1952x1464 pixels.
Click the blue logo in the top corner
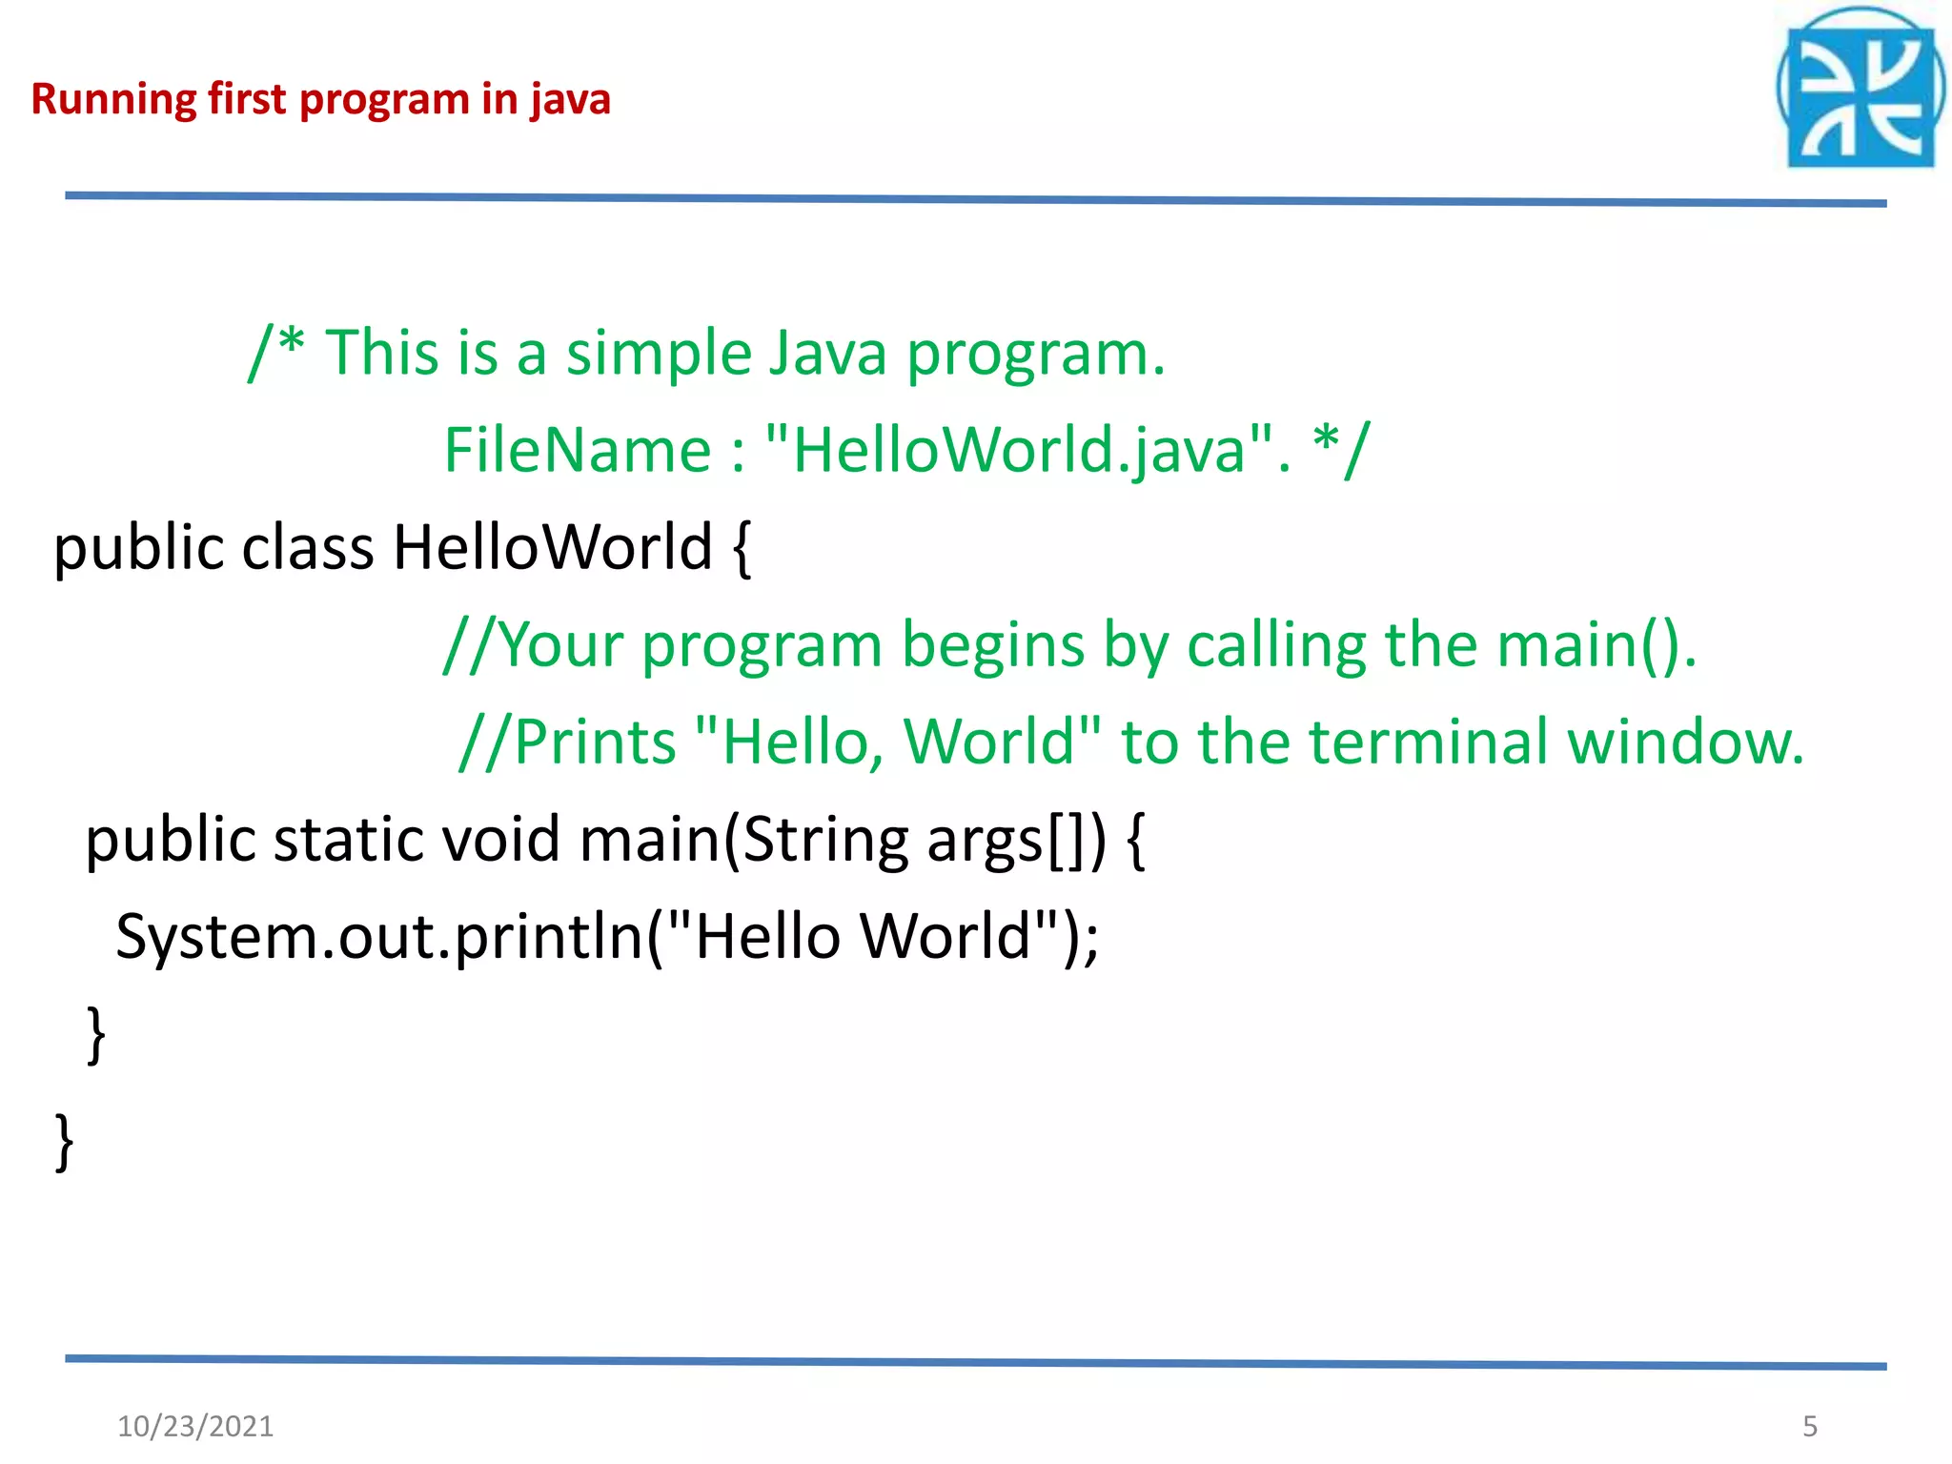[1860, 91]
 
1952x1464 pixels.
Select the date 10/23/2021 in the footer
[195, 1426]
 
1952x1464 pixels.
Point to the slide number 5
[1810, 1426]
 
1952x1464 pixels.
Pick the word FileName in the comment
[578, 450]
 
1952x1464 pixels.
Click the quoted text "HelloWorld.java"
[1019, 450]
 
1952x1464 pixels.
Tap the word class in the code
[308, 548]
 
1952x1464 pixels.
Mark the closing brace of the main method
[96, 1034]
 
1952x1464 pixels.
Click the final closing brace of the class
[65, 1141]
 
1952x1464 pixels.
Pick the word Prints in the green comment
[595, 742]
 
